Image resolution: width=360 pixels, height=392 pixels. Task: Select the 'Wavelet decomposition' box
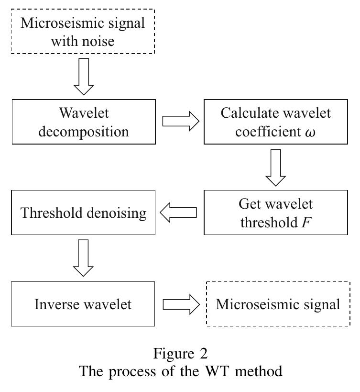pyautogui.click(x=84, y=122)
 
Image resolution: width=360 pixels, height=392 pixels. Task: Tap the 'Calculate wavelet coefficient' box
pyautogui.click(x=275, y=122)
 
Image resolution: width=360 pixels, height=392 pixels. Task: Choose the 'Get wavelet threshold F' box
pyautogui.click(x=275, y=212)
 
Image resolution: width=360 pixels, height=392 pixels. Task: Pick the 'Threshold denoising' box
pyautogui.click(x=84, y=212)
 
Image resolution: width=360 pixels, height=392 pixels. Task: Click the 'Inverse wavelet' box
pyautogui.click(x=84, y=304)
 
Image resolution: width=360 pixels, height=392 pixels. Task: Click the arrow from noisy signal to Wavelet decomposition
pyautogui.click(x=84, y=77)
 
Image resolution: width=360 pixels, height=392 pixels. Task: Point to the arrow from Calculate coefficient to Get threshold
pyautogui.click(x=275, y=167)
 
